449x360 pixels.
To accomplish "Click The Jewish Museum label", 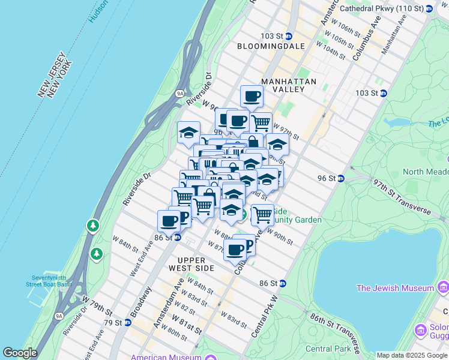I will coord(394,289).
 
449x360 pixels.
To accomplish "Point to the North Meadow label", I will coord(424,172).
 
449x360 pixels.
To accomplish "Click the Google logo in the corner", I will coord(20,353).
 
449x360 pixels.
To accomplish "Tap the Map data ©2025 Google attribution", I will coord(412,355).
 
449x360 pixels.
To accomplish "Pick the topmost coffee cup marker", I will coord(252,96).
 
